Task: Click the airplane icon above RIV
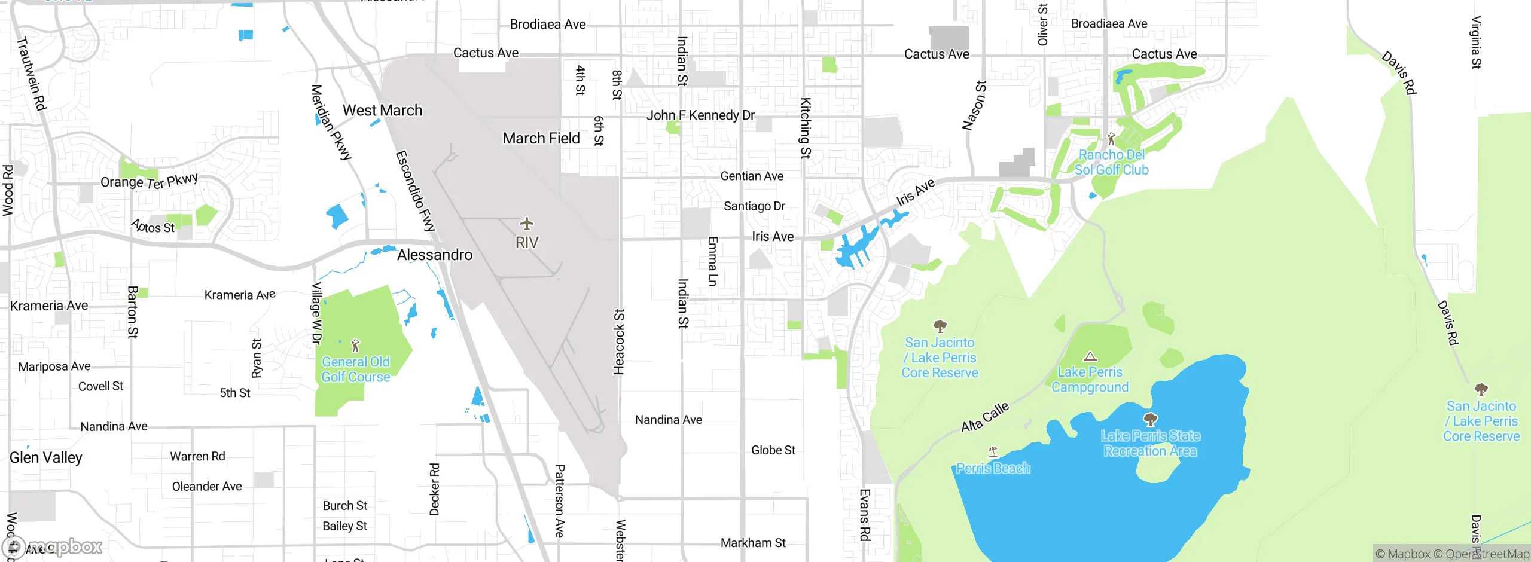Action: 526,224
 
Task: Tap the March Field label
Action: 541,139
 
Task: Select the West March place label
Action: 382,111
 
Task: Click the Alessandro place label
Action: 435,255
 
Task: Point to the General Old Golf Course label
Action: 356,369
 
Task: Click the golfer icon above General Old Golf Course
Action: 355,346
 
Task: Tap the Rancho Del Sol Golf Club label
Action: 1111,162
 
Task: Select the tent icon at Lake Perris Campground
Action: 1090,357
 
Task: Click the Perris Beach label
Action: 993,468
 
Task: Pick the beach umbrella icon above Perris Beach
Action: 993,451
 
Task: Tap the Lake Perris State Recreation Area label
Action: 1150,443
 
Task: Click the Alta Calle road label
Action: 984,417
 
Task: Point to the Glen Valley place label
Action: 46,458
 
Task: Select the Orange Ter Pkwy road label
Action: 149,181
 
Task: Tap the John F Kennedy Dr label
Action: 700,115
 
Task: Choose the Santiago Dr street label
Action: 754,206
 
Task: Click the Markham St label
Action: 753,543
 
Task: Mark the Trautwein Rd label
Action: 31,74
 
